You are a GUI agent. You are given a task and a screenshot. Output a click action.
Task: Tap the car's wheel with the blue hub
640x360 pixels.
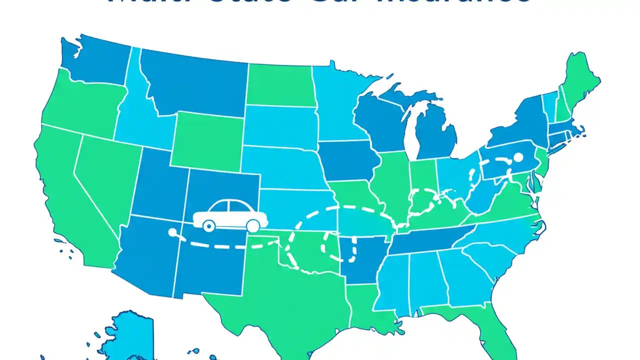click(x=209, y=226)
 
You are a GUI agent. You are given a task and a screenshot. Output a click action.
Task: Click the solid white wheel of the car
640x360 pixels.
click(x=253, y=226)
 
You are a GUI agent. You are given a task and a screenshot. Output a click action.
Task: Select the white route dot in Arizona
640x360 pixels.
click(x=172, y=232)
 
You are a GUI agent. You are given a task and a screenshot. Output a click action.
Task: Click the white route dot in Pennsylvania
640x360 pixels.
click(x=518, y=158)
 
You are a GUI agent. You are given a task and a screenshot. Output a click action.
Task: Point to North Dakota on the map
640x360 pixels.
click(x=280, y=85)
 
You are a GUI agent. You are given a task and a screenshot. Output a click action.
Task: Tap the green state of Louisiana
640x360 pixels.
click(x=365, y=305)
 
